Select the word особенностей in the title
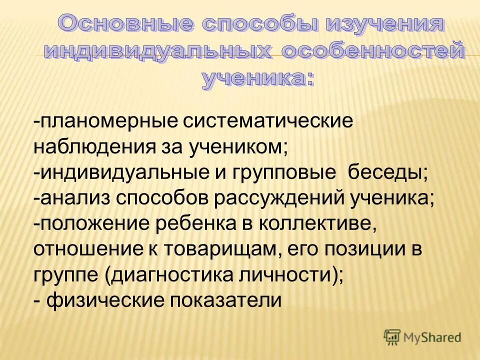point(372,51)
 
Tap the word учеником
point(238,148)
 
